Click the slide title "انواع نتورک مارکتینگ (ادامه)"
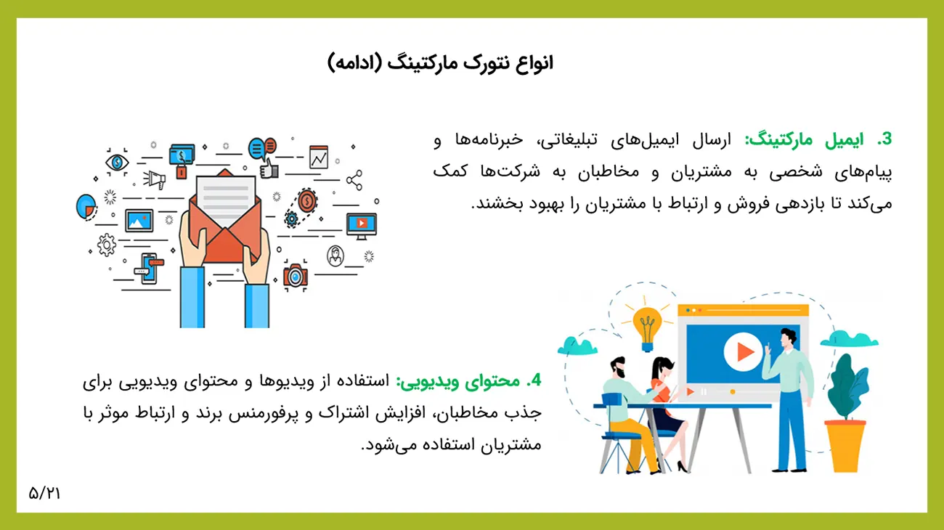440,63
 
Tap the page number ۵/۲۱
45,493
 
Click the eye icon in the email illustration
117,162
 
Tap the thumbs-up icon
269,169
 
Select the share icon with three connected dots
354,180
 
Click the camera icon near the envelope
296,276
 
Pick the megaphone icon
155,180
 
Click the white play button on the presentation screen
743,352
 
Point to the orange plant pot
845,446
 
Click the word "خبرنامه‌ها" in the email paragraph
489,140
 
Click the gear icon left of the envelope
107,245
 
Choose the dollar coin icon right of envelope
307,200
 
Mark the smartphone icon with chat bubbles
149,269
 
